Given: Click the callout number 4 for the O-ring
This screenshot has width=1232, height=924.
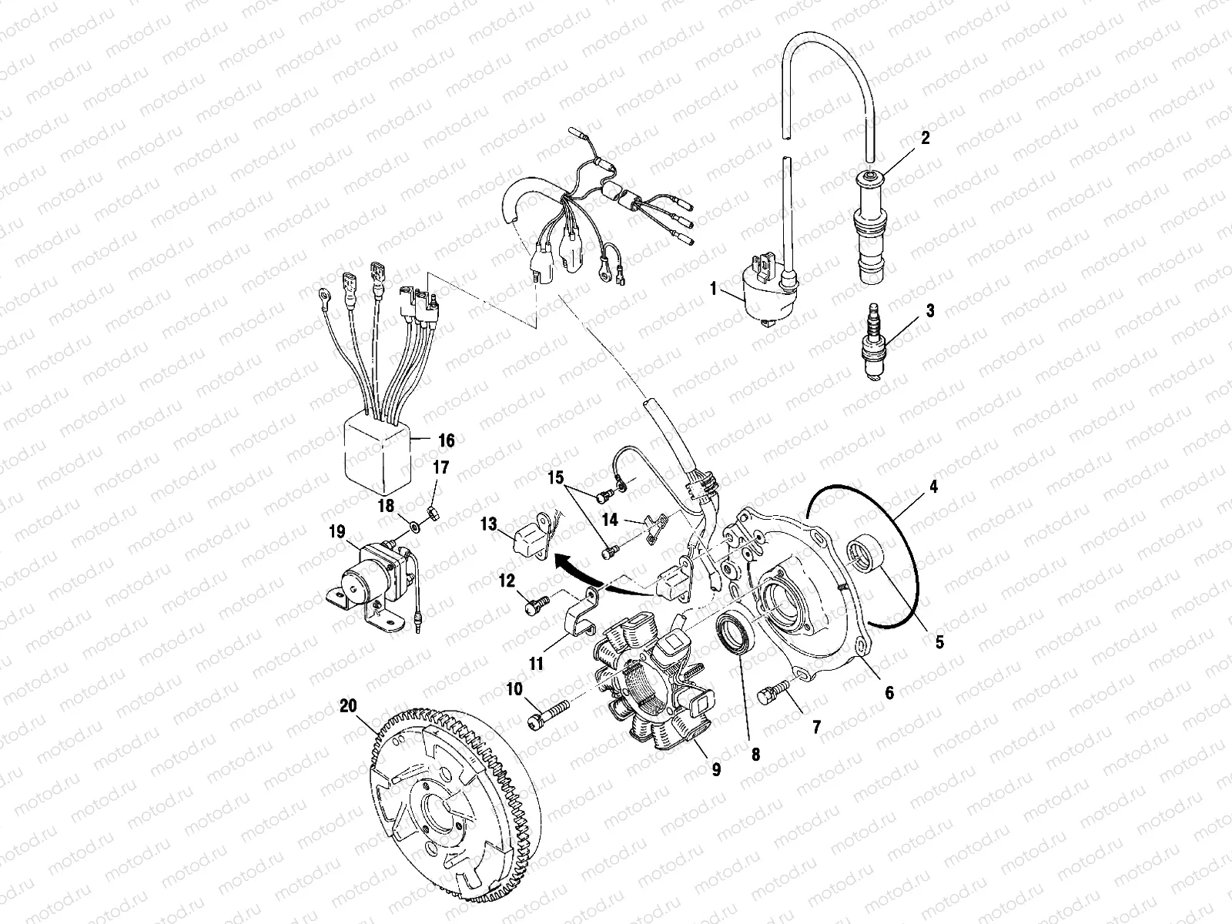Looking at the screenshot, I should (932, 486).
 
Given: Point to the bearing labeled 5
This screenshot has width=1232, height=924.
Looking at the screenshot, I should (868, 554).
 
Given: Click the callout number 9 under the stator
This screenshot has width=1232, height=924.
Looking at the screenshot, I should (716, 769).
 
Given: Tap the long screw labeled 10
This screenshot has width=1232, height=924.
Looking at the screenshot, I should (546, 714).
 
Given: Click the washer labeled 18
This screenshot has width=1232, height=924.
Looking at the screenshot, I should (415, 527).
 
